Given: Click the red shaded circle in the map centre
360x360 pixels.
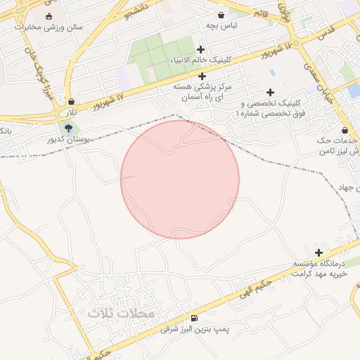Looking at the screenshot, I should [x=180, y=179].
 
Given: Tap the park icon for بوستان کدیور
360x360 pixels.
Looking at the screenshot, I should [x=68, y=128].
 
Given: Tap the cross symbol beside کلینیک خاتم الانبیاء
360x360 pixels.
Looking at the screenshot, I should [x=202, y=49].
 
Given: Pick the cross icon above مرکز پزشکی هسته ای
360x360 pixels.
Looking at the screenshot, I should [x=202, y=76].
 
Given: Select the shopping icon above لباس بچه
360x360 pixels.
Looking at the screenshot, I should [x=221, y=14].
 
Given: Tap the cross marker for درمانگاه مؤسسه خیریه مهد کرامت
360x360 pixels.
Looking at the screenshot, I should [x=319, y=252].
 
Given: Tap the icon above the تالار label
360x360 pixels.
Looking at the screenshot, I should [x=71, y=101].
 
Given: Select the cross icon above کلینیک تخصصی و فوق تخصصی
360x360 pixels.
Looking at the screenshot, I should [x=270, y=92].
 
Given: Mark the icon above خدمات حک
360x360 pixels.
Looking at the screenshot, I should [x=345, y=130].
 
